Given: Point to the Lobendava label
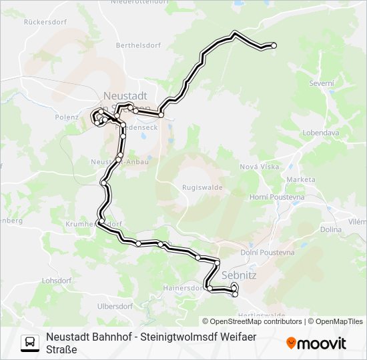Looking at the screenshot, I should [x=320, y=133].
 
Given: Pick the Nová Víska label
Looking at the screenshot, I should [x=258, y=167].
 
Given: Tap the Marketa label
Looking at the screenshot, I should [x=300, y=180].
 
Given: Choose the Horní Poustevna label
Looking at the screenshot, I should [x=276, y=197].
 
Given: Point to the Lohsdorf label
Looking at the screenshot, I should [x=57, y=281].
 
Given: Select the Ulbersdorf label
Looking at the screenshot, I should [x=115, y=306].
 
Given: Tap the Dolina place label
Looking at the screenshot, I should [x=330, y=229].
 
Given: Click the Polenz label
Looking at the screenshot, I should [x=67, y=116].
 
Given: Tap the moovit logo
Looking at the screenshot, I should [x=316, y=343].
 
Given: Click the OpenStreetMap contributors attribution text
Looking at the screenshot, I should [x=256, y=321].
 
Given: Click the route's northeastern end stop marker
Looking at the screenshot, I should [x=273, y=45].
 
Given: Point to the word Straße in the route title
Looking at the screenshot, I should [x=61, y=349].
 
